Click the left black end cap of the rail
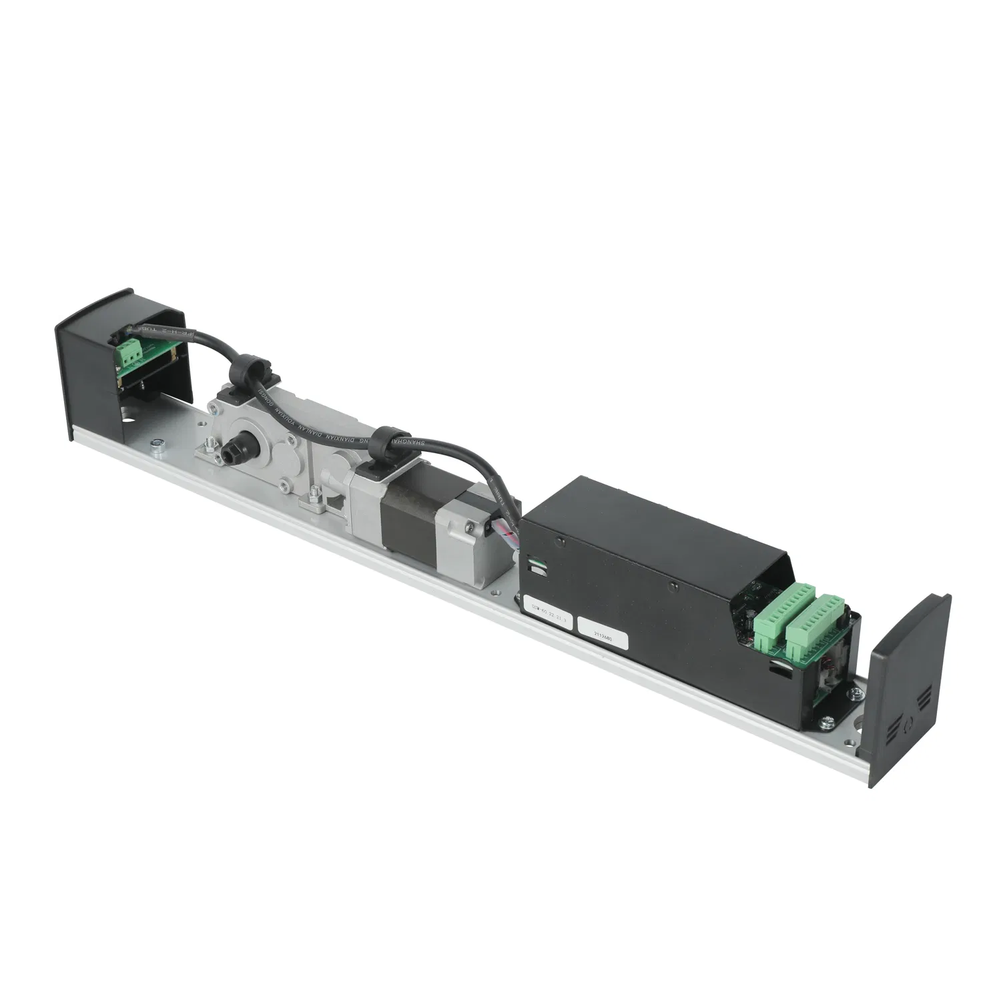point(87,374)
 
